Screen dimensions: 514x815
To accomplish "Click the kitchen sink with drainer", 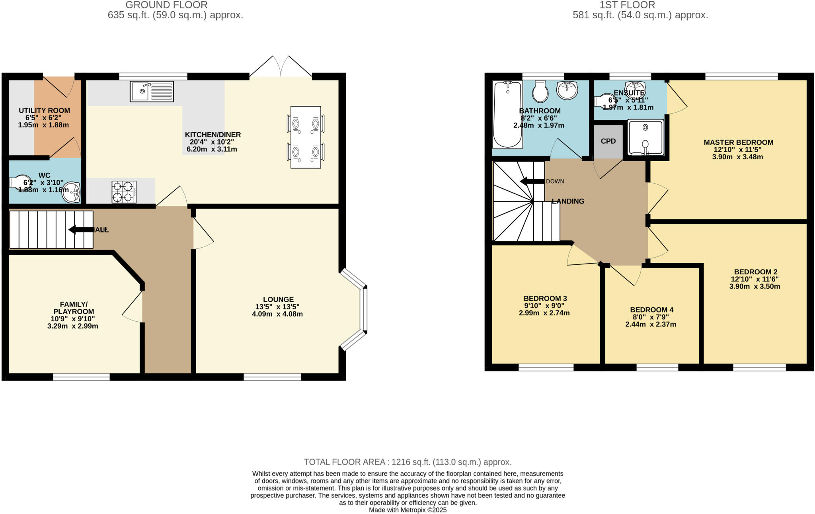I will (152, 91).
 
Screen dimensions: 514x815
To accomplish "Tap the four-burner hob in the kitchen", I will (124, 192).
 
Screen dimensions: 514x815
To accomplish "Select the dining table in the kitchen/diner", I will (306, 137).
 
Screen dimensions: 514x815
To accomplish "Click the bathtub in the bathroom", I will (507, 114).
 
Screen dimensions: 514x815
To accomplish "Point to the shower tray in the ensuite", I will (645, 137).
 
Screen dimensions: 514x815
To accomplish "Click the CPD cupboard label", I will (608, 141).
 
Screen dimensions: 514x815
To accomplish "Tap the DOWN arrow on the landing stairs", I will (532, 182).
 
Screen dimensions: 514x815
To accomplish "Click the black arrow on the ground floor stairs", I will (81, 230).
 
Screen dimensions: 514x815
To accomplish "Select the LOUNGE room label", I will (278, 299).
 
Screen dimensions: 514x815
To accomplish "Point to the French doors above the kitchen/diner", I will (281, 67).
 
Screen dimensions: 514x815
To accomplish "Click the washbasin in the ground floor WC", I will (72, 192).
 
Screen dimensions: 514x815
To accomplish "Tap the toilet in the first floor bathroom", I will (540, 92).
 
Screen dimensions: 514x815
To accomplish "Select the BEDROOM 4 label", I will (651, 310).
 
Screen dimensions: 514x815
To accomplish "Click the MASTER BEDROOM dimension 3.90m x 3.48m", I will (737, 157).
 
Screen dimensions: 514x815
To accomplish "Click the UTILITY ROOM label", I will (44, 111).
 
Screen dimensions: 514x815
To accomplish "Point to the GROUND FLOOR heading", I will (166, 5).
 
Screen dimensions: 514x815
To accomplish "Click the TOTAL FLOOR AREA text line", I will (407, 462).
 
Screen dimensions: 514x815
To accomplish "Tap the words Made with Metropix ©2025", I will (407, 510).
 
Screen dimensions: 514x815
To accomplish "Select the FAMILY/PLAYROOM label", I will (74, 308).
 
